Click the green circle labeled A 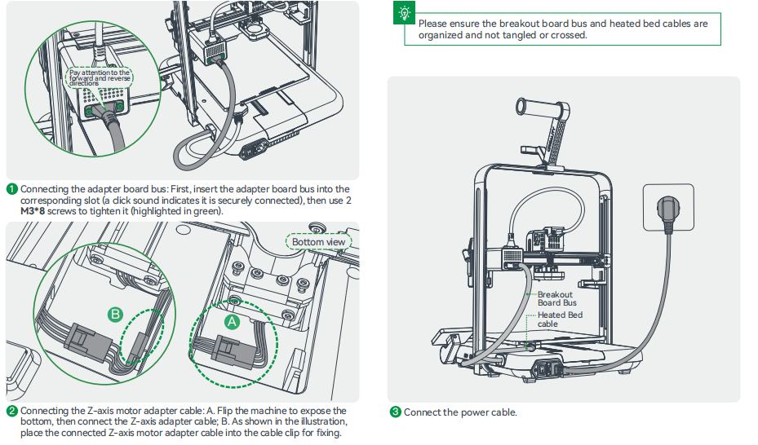232,321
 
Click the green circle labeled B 116,313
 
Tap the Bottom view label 319,242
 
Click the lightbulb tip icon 405,13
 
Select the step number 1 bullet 11,189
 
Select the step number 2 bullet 11,411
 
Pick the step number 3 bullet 396,412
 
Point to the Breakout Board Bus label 555,298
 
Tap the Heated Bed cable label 560,319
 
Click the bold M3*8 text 33,211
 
